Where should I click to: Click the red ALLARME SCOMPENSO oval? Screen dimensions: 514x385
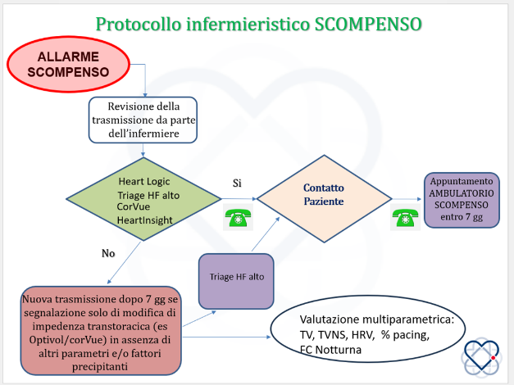click(x=68, y=64)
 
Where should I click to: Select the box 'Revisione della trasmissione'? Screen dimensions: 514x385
click(x=143, y=120)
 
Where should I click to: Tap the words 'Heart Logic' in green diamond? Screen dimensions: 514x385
click(x=144, y=181)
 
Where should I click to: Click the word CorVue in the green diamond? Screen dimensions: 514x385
click(x=134, y=206)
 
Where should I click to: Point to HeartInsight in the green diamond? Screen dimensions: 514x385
click(x=144, y=220)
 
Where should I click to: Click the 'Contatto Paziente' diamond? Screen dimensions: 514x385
click(x=324, y=198)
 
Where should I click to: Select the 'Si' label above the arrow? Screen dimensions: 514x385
click(x=237, y=183)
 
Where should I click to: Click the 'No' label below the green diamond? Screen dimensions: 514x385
click(x=108, y=253)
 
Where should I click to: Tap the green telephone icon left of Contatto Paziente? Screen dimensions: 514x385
click(x=238, y=217)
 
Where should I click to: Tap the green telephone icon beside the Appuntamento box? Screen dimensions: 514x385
click(x=405, y=217)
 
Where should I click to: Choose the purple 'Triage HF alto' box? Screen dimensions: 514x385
click(x=236, y=281)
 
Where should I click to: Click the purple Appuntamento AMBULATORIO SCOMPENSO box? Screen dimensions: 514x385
click(x=462, y=200)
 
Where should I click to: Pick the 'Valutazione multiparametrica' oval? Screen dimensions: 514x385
click(x=368, y=328)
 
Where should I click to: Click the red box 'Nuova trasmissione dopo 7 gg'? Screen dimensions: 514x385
click(x=101, y=331)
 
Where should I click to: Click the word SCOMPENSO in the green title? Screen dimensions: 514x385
click(x=368, y=24)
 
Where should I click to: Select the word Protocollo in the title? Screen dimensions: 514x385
click(x=139, y=25)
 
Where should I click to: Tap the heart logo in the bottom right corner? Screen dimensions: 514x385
click(x=481, y=356)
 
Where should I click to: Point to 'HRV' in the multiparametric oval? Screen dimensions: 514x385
click(x=362, y=335)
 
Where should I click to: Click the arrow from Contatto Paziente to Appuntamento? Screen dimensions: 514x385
click(x=407, y=199)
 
